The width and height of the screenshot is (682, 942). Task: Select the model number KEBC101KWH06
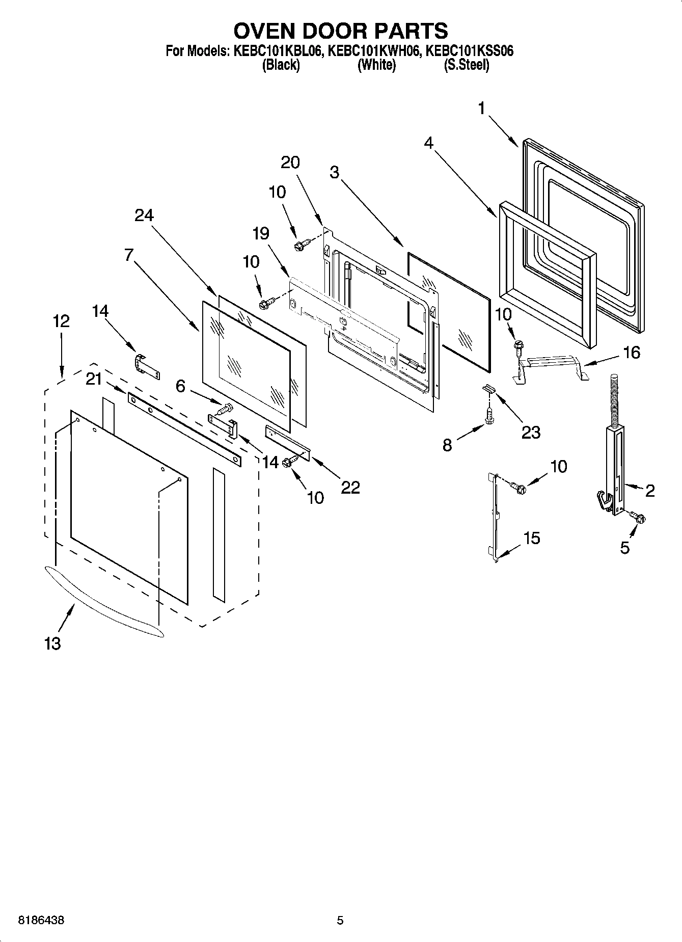[x=373, y=51]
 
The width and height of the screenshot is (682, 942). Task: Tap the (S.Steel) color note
[x=467, y=65]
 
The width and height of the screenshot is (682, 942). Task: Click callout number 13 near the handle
[x=52, y=643]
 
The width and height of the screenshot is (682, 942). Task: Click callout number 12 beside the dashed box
[x=61, y=321]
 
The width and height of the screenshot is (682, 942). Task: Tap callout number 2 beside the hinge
[x=649, y=491]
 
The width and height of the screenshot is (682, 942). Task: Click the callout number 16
[x=632, y=353]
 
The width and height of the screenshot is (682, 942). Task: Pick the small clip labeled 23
[x=489, y=389]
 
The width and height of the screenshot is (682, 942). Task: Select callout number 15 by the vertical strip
[x=531, y=538]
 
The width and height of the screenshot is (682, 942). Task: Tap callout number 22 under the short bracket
[x=350, y=488]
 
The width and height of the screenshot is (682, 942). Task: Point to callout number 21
[x=94, y=379]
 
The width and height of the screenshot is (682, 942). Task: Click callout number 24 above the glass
[x=144, y=216]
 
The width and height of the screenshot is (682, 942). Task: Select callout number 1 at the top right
[x=481, y=108]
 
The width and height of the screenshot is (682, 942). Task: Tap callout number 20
[x=290, y=163]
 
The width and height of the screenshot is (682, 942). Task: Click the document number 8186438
[x=41, y=921]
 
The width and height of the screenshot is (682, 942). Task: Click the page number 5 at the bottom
[x=340, y=921]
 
